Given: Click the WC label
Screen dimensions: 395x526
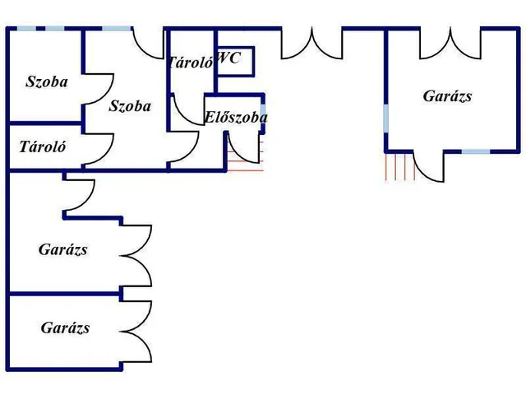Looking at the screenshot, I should click(x=230, y=58).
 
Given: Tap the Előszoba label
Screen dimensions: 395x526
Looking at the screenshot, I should click(x=236, y=118).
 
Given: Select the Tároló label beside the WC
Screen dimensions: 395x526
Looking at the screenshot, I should click(x=191, y=62).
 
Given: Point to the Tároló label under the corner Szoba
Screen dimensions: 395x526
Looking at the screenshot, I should click(x=43, y=148).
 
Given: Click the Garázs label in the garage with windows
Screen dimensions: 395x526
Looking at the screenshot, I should click(x=447, y=96).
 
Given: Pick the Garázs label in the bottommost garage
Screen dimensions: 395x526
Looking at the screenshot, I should click(x=65, y=328).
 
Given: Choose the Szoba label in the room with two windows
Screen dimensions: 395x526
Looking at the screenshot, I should click(x=47, y=81).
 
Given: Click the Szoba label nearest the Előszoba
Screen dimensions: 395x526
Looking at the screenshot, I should click(x=130, y=105).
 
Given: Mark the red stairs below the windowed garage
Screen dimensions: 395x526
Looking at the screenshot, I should click(x=399, y=166).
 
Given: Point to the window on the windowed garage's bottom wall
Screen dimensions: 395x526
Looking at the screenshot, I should click(x=475, y=151).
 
